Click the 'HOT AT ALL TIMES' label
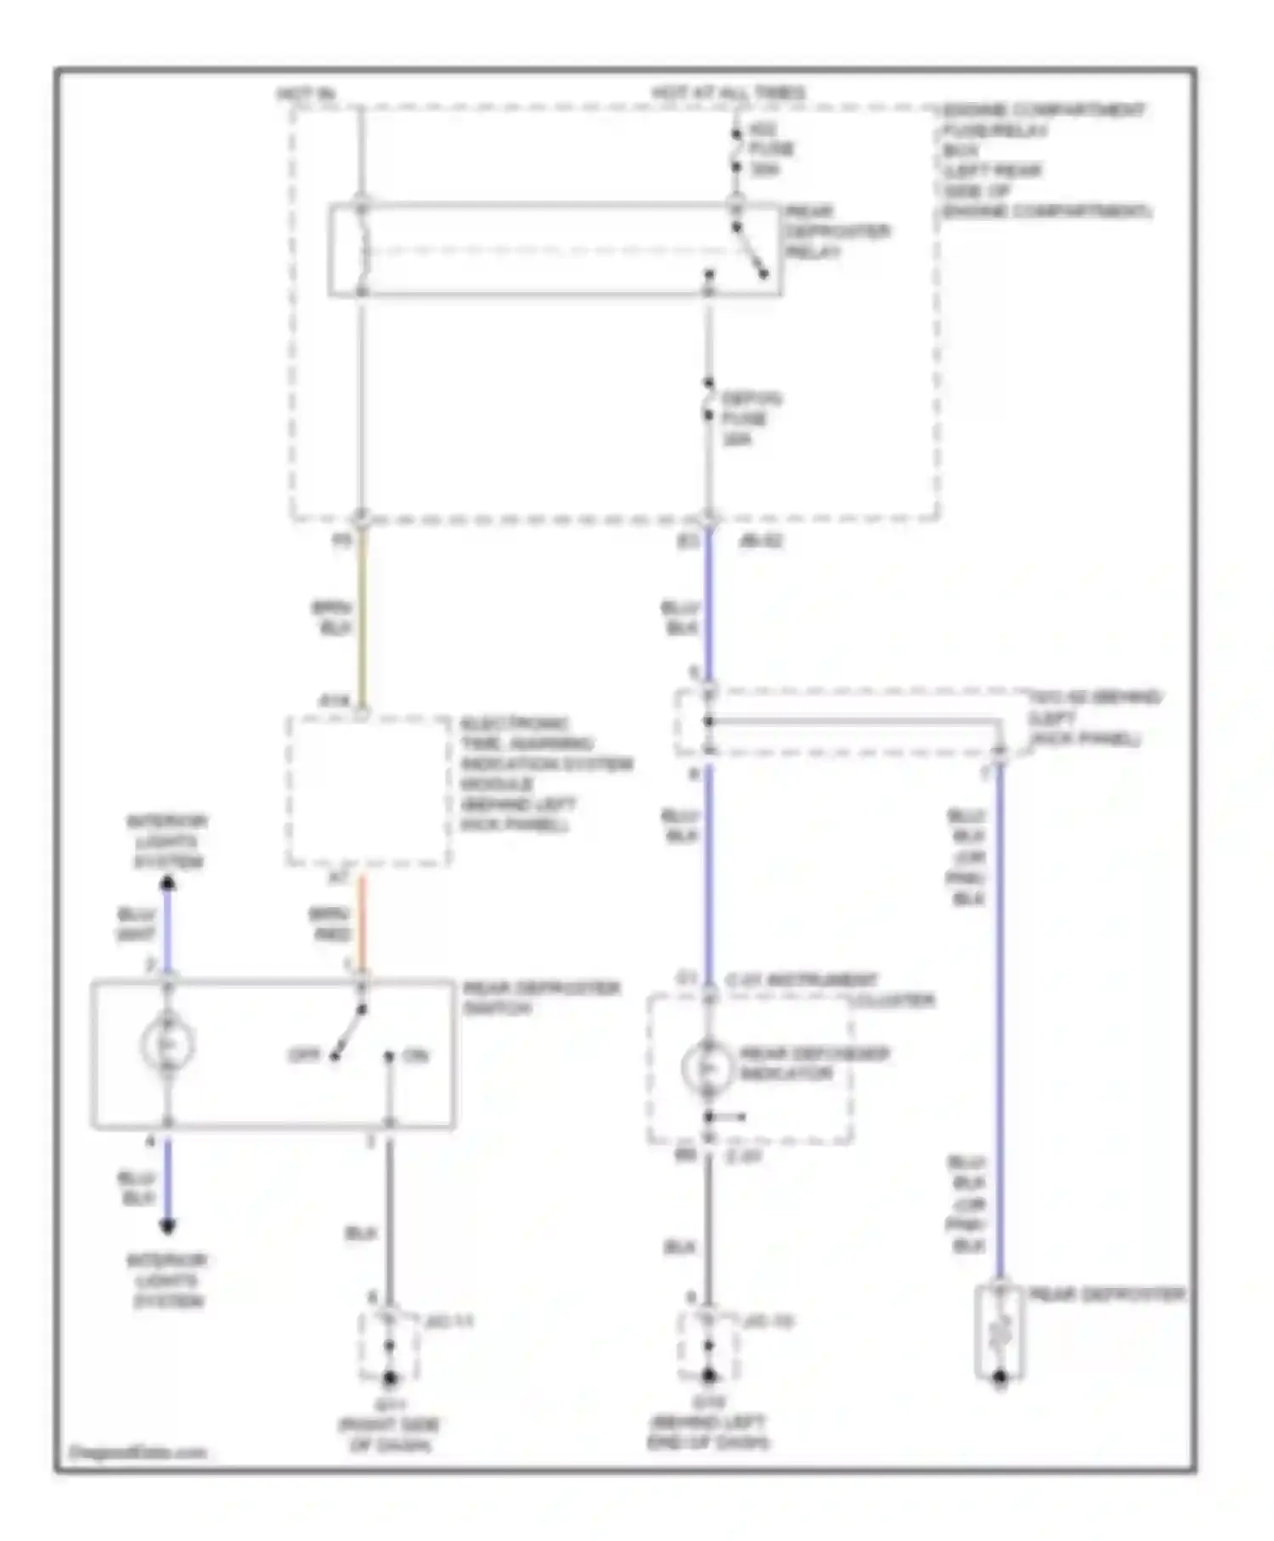click(728, 92)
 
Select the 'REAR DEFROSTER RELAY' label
click(836, 231)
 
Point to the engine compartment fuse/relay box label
click(1046, 161)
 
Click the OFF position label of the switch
click(303, 1055)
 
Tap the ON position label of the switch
click(416, 1055)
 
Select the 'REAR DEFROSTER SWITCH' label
click(540, 998)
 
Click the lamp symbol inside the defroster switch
click(168, 1045)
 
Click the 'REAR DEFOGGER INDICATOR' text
click(813, 1064)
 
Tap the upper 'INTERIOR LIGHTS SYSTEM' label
click(167, 842)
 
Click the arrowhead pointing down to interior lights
click(168, 1226)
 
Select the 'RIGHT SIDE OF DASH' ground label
click(390, 1435)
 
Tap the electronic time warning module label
click(544, 774)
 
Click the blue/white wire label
click(136, 924)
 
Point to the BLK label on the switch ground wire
click(360, 1233)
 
